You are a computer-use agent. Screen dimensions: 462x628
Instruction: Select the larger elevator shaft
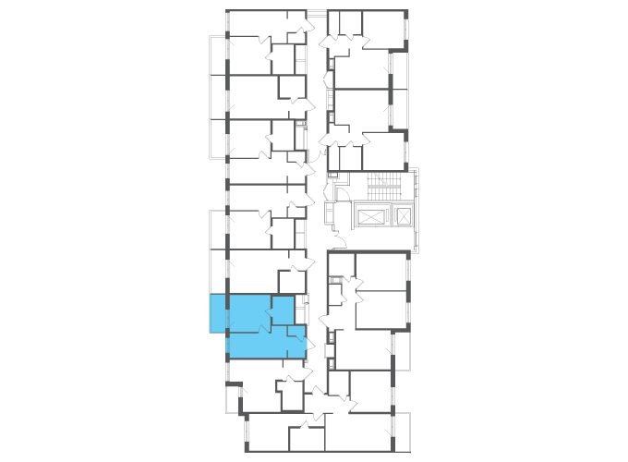click(369, 216)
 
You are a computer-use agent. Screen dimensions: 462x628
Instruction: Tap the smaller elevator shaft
click(403, 216)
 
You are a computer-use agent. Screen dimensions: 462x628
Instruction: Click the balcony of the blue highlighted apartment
click(218, 314)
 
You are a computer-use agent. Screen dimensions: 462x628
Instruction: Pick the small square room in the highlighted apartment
click(283, 310)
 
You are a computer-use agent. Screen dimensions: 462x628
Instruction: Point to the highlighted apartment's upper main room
click(248, 311)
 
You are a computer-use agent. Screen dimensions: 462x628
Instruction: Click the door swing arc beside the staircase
click(342, 193)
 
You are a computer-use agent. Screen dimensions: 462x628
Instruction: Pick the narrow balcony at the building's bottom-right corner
click(401, 432)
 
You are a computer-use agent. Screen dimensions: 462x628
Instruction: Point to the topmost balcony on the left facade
click(218, 55)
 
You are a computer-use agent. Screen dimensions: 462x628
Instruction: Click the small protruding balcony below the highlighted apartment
click(233, 398)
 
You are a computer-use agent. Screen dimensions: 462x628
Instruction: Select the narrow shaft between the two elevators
click(389, 216)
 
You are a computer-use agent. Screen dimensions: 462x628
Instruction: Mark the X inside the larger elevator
click(369, 216)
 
